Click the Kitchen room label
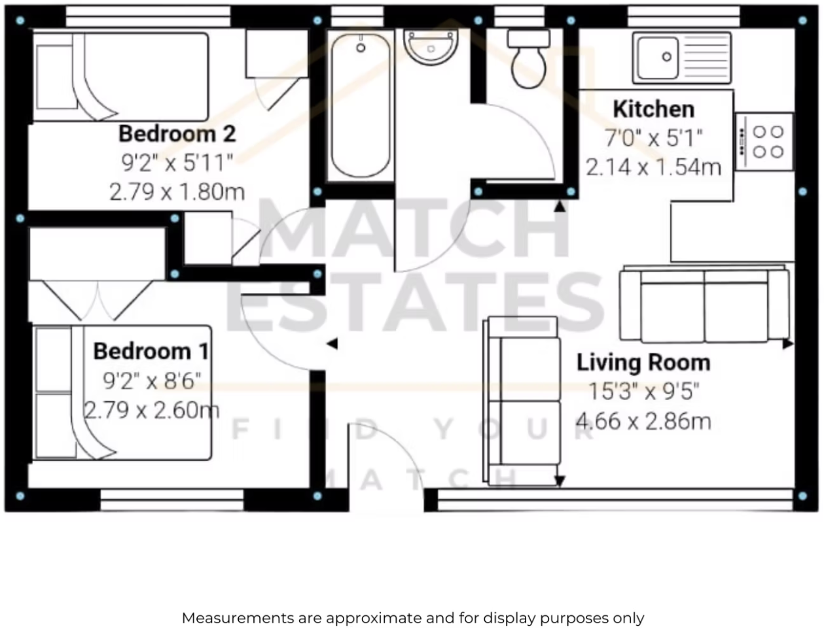[x=653, y=109]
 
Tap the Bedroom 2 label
[x=177, y=134]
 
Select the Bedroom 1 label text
[x=151, y=351]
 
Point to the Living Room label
[x=643, y=363]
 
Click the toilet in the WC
[x=529, y=59]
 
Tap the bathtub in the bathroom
[x=361, y=105]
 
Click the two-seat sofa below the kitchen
[x=704, y=304]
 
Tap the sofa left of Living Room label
[x=522, y=401]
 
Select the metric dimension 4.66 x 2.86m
[x=643, y=420]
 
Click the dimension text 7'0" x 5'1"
[x=653, y=138]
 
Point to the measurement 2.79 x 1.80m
[x=177, y=192]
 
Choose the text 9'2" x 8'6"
[x=151, y=380]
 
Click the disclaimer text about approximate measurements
[x=412, y=617]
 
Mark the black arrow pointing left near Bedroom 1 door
[x=332, y=343]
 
